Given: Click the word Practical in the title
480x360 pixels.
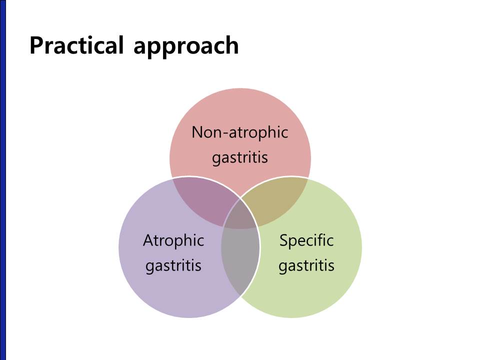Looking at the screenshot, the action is (76, 45).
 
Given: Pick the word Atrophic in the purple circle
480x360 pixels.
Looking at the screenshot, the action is (173, 240).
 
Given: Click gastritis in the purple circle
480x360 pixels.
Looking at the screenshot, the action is (173, 265).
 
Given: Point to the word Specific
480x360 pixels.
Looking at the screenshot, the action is (306, 240).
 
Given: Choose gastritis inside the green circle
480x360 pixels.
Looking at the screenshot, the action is (306, 265).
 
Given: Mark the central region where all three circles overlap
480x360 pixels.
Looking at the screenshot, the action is (240, 216).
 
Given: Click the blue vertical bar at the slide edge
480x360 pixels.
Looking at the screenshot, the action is (3, 180).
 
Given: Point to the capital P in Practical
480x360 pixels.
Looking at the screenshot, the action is (36, 45).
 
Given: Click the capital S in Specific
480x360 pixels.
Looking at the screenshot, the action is (284, 240).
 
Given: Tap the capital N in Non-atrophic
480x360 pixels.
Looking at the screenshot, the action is (197, 132).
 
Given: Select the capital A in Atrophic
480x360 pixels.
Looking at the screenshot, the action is (149, 240).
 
